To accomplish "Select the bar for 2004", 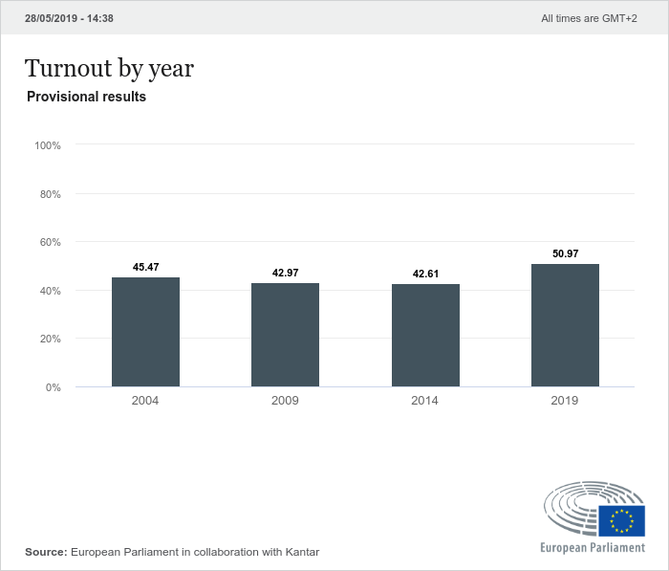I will (x=145, y=332).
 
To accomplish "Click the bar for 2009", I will (x=285, y=335).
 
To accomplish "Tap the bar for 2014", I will (x=425, y=336).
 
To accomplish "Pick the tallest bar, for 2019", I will (x=565, y=325).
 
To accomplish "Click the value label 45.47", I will (x=146, y=267).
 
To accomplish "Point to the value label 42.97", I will (x=286, y=274).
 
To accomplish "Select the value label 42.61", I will (x=425, y=275).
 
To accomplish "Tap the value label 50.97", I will (x=566, y=253).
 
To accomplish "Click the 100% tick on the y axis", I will (x=48, y=145).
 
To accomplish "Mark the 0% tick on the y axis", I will (x=54, y=387).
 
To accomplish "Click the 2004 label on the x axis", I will (x=145, y=401).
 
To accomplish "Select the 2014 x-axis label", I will (x=425, y=401).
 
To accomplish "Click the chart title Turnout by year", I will (x=109, y=68).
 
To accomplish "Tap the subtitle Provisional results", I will (x=86, y=97).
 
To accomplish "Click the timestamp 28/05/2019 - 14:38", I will (x=69, y=18).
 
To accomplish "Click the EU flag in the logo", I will (x=622, y=521).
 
